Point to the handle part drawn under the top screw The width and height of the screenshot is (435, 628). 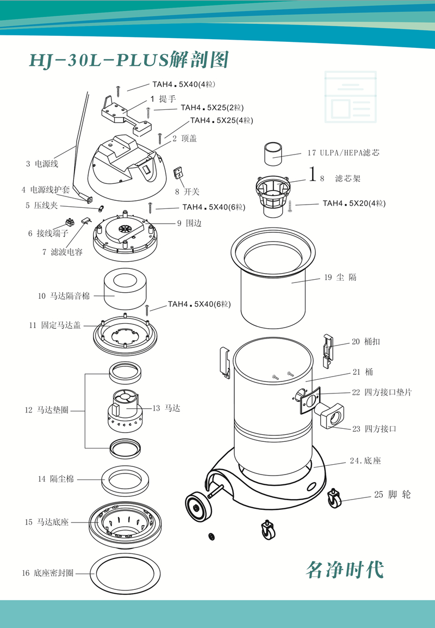click(x=126, y=114)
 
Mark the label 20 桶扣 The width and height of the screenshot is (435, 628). click(x=365, y=342)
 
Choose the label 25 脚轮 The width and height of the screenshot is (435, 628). click(x=392, y=495)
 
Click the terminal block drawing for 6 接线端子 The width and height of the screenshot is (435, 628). click(x=70, y=222)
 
